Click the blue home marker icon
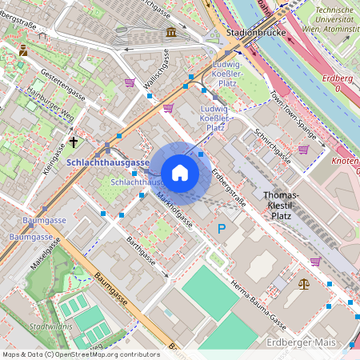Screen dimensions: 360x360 [180, 172]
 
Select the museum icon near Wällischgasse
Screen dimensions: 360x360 [171, 32]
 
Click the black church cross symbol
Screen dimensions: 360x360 [74, 142]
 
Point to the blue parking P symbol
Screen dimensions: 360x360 [222, 230]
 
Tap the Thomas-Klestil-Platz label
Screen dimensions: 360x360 [281, 206]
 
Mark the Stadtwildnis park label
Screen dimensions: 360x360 [47, 327]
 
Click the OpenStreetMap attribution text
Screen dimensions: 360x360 [80, 354]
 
